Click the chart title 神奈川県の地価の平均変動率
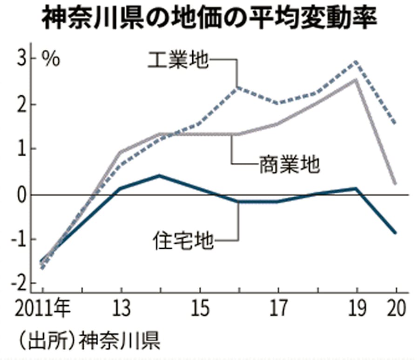coord(209,20)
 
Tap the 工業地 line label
coord(177,60)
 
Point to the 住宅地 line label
coord(183,240)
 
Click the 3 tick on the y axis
coord(22,59)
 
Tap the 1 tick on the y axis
coord(22,149)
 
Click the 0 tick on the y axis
coord(22,195)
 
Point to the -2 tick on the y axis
coord(20,283)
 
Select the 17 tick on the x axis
coord(278,308)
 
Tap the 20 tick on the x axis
coord(396,308)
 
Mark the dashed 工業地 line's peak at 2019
coord(356,61)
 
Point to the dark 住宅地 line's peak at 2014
coord(160,175)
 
